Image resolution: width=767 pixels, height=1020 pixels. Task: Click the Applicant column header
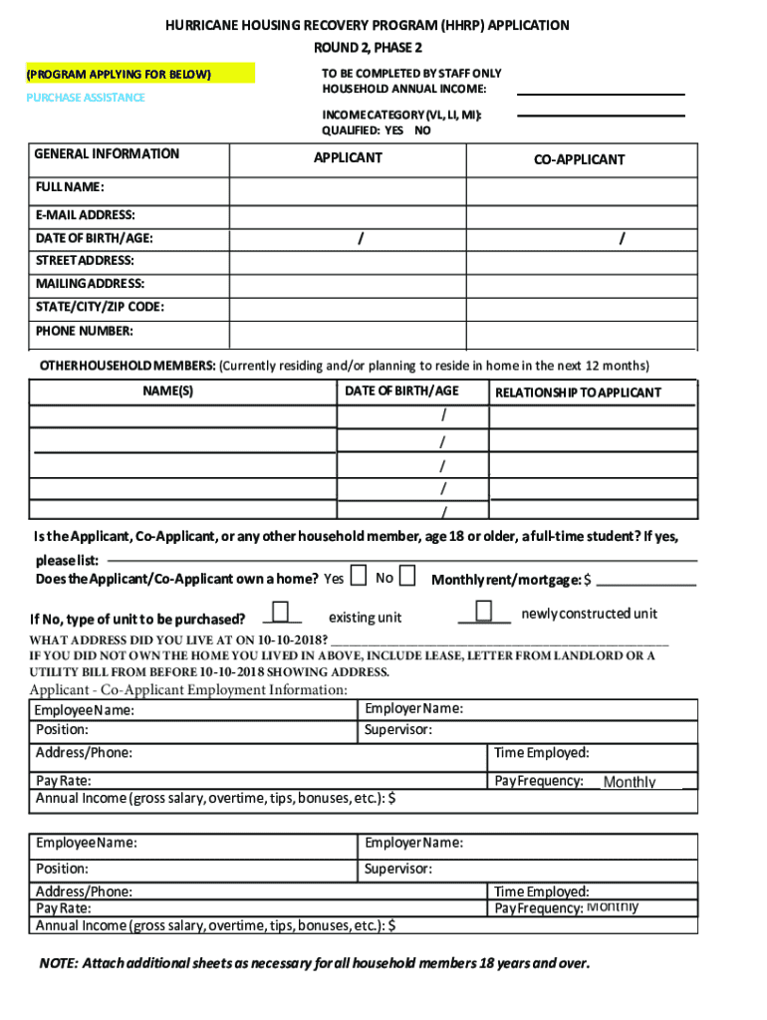(x=348, y=157)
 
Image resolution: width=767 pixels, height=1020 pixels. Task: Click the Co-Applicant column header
(x=579, y=159)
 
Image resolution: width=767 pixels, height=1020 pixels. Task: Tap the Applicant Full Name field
(x=348, y=190)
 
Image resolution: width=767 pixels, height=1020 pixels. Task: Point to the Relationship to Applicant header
(x=578, y=392)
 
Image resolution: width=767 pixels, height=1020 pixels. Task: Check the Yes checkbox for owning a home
(x=357, y=577)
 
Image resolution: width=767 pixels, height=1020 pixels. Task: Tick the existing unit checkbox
(x=280, y=611)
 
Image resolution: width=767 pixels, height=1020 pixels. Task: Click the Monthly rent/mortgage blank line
(x=646, y=582)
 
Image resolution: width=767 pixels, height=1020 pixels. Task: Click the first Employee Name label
(x=85, y=711)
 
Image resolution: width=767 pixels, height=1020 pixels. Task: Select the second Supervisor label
(x=398, y=869)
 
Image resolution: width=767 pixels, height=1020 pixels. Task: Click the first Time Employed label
(x=541, y=753)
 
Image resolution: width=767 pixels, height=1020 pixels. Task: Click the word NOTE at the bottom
(x=57, y=963)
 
